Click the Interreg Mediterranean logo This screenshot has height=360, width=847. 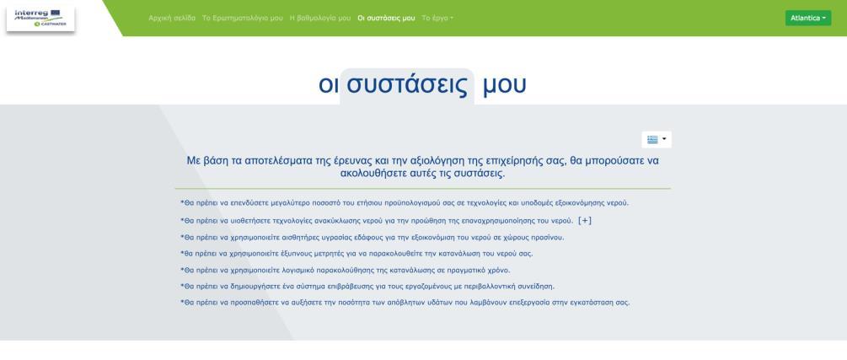[x=40, y=18]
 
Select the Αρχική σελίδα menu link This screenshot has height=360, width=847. [x=172, y=18]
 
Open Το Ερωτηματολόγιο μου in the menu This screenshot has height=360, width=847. [x=242, y=18]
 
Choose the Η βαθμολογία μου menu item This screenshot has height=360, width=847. [x=319, y=18]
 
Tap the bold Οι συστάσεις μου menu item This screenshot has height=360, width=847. [x=386, y=18]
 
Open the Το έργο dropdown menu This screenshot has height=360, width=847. [x=437, y=18]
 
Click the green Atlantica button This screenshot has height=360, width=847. [x=808, y=18]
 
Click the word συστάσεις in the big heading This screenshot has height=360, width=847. [x=407, y=85]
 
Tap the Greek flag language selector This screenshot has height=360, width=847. [x=657, y=139]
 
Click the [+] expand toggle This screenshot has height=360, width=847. [x=585, y=221]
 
